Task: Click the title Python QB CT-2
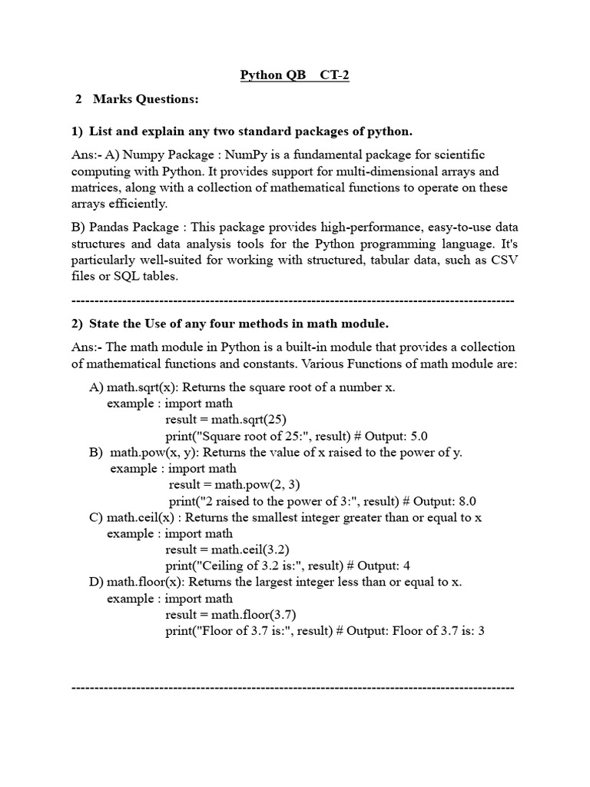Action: (294, 75)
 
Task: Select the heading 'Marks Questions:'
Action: (146, 99)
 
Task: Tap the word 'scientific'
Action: (457, 154)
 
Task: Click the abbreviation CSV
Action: (502, 260)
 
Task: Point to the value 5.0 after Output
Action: (439, 436)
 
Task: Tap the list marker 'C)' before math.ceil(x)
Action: (96, 517)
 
